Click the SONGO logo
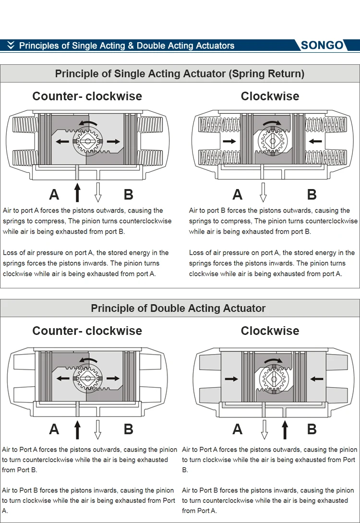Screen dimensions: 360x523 (322, 46)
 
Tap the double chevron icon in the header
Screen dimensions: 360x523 (11, 45)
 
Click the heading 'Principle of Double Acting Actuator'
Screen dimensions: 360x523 (178, 308)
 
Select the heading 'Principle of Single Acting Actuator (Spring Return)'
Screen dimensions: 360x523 (180, 74)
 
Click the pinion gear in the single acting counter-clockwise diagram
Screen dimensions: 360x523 (87, 141)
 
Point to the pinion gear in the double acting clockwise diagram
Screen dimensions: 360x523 (273, 379)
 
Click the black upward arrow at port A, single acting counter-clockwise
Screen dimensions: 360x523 (77, 192)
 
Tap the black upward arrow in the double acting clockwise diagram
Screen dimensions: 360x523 (285, 429)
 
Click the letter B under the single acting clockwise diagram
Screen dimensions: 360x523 (312, 194)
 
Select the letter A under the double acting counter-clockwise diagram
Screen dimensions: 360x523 (54, 429)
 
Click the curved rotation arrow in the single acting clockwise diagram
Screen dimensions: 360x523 (272, 123)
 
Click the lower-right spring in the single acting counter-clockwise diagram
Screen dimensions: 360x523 (150, 157)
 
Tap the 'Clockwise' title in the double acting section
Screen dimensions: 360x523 (270, 331)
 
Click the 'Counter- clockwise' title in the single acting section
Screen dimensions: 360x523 (87, 96)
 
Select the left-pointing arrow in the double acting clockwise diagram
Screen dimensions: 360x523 (317, 379)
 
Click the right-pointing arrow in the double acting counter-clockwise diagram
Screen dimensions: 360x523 (113, 378)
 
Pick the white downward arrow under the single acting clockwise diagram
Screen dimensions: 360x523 (263, 192)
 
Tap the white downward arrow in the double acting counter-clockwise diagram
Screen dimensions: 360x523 (97, 429)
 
